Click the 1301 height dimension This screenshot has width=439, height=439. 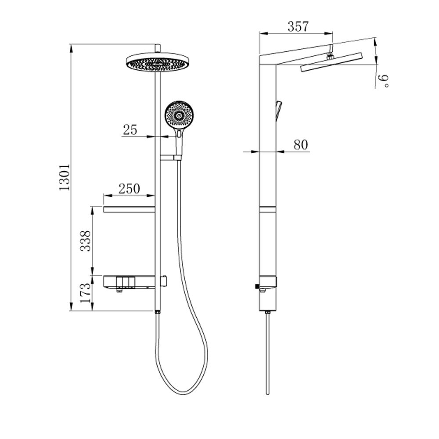65,177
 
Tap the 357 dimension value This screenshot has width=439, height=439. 298,27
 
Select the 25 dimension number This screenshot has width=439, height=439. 130,130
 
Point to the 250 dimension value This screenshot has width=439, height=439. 129,188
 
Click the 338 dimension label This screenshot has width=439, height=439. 86,241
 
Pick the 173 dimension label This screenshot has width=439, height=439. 86,293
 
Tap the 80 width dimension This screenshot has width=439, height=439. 301,145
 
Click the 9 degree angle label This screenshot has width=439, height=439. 384,81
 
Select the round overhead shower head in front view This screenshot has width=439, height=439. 158,62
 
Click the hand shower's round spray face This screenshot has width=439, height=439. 179,115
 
